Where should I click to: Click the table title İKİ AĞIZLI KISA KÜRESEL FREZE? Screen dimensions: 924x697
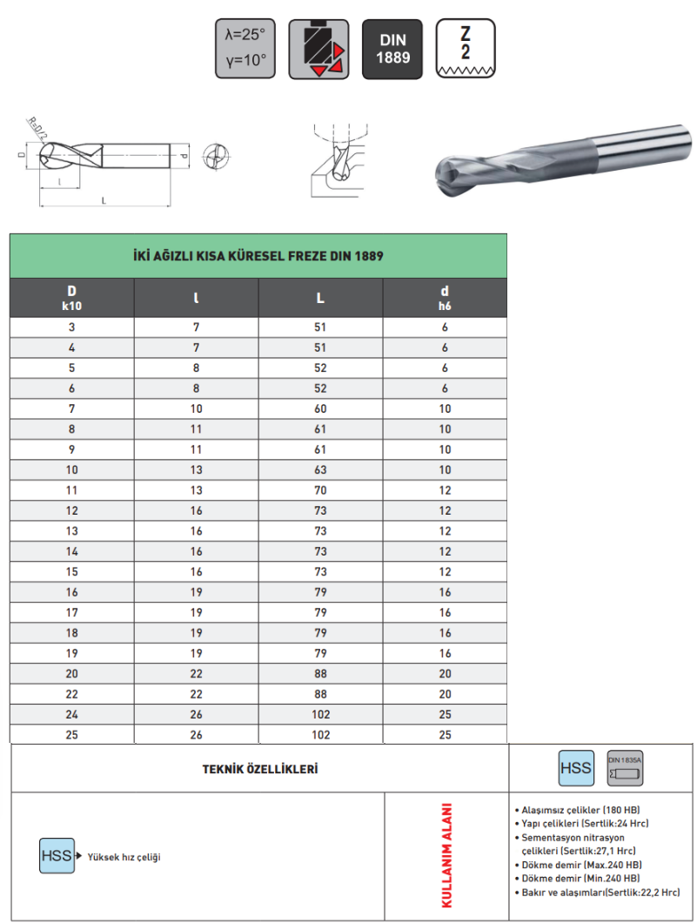point(258,257)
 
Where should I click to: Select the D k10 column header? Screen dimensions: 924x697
point(71,298)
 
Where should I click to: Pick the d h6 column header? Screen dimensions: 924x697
point(445,298)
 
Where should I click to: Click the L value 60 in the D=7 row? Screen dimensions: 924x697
point(320,408)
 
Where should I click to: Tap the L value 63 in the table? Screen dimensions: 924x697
point(320,469)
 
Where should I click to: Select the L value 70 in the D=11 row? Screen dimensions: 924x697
point(320,490)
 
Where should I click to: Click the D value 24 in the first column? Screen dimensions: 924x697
point(71,714)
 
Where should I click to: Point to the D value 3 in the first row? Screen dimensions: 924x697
point(71,327)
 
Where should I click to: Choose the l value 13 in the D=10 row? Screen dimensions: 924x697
point(196,469)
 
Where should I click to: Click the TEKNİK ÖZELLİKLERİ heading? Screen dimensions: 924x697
point(259,770)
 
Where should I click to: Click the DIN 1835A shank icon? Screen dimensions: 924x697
point(625,768)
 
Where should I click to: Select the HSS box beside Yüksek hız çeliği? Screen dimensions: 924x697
point(56,856)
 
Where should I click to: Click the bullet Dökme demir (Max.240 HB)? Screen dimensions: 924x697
point(580,865)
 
